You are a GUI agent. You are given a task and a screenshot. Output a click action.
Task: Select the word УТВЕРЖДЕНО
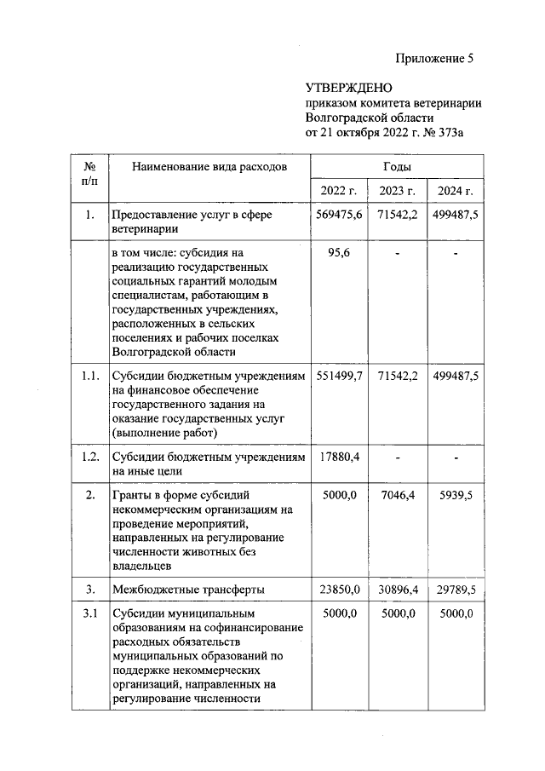pyautogui.click(x=348, y=89)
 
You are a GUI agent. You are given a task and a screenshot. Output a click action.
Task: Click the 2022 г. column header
pyautogui.click(x=338, y=190)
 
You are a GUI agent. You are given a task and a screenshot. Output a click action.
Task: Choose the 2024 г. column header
pyautogui.click(x=455, y=190)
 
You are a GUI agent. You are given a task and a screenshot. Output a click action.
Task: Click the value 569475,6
pyautogui.click(x=338, y=215)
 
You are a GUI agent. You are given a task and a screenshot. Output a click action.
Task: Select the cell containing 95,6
pyautogui.click(x=338, y=253)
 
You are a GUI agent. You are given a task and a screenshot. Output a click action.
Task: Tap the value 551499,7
pyautogui.click(x=338, y=376)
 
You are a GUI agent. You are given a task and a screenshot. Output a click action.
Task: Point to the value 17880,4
pyautogui.click(x=338, y=457)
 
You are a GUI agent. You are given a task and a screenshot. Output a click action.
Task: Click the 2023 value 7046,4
pyautogui.click(x=397, y=495)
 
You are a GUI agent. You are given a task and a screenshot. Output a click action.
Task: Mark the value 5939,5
pyautogui.click(x=455, y=495)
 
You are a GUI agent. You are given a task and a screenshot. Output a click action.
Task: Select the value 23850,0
pyautogui.click(x=338, y=589)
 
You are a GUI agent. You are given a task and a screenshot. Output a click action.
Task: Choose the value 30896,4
pyautogui.click(x=397, y=589)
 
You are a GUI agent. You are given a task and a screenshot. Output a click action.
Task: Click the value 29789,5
pyautogui.click(x=455, y=589)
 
